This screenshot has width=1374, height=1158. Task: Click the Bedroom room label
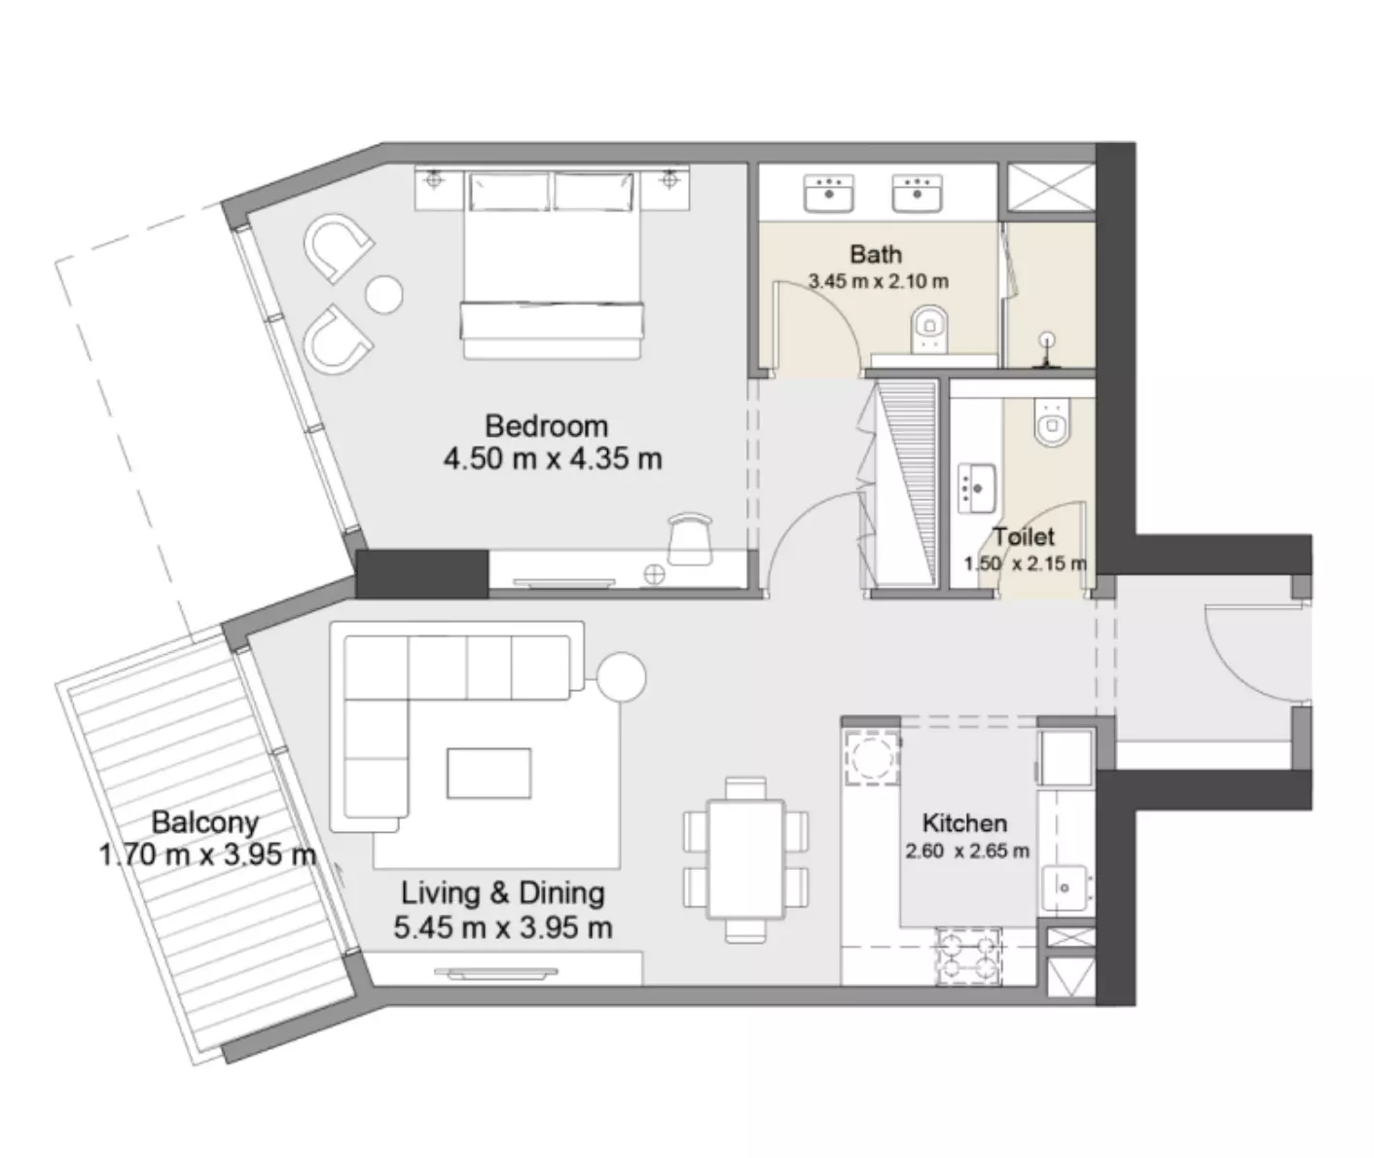click(x=546, y=426)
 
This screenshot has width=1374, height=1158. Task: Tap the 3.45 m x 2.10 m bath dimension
click(x=879, y=281)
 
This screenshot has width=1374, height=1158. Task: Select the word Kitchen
click(x=964, y=823)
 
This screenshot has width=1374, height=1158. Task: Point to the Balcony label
click(x=205, y=822)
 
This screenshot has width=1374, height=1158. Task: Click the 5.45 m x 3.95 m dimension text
click(x=503, y=927)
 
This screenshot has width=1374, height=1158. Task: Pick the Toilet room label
click(x=1024, y=537)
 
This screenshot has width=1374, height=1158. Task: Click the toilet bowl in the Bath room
click(x=929, y=329)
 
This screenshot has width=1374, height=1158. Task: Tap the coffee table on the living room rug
click(x=488, y=773)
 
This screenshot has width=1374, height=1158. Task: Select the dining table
click(x=745, y=858)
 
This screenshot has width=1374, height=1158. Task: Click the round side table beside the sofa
click(x=621, y=677)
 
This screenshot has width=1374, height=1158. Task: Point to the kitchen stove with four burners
click(x=968, y=957)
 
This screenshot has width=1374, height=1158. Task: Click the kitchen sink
click(x=1065, y=888)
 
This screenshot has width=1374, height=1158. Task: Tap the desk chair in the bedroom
click(x=690, y=539)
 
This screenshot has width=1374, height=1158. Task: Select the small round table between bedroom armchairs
click(x=384, y=294)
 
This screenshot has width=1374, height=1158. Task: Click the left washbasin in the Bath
click(x=829, y=194)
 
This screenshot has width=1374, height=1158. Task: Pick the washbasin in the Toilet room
click(x=977, y=489)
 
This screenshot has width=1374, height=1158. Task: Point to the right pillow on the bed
click(x=594, y=192)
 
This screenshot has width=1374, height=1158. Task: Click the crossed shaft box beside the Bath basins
click(x=1052, y=187)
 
